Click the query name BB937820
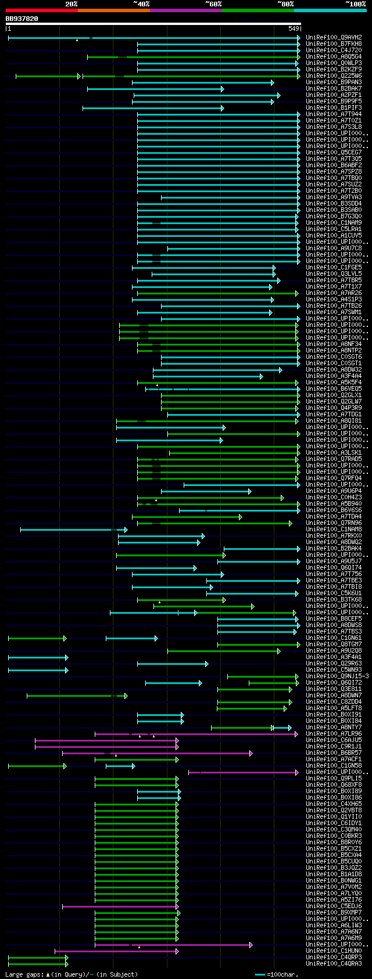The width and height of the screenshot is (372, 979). coord(22,19)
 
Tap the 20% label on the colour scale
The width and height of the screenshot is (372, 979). coord(71,4)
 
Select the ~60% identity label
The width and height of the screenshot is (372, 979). coord(213,4)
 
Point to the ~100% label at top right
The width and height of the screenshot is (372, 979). coord(355,4)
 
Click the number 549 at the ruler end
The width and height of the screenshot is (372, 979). coord(294,28)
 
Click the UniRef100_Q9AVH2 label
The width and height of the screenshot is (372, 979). coord(334,38)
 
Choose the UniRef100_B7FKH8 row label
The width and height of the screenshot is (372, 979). coord(334,44)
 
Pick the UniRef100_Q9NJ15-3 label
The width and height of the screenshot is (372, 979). coord(337,676)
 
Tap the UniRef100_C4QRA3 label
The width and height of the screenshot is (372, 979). coord(334,964)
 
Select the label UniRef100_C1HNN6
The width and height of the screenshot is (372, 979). coord(334,951)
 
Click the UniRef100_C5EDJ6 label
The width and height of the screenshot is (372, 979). coord(334,906)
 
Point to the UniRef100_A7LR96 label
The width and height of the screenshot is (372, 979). coord(334,734)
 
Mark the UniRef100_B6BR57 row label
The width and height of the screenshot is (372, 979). coord(334,753)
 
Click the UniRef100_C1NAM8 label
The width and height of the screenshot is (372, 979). coord(334,530)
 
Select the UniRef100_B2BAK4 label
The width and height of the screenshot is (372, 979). coord(334,549)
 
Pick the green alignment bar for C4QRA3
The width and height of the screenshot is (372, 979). coord(37,964)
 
